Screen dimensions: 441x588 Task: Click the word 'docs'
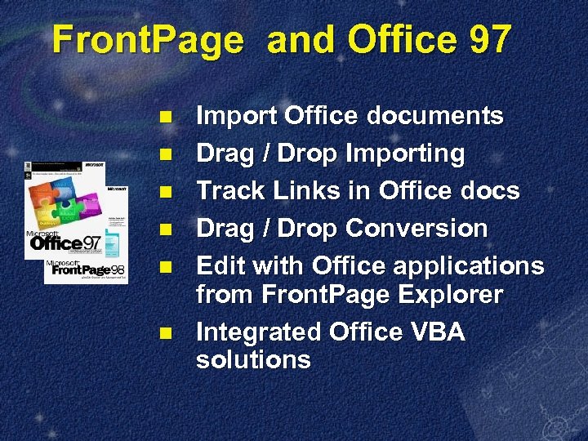click(x=485, y=191)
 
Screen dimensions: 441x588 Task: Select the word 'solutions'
click(x=253, y=359)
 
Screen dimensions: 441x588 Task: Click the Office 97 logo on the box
click(x=67, y=241)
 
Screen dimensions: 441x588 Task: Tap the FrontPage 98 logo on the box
click(x=86, y=269)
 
